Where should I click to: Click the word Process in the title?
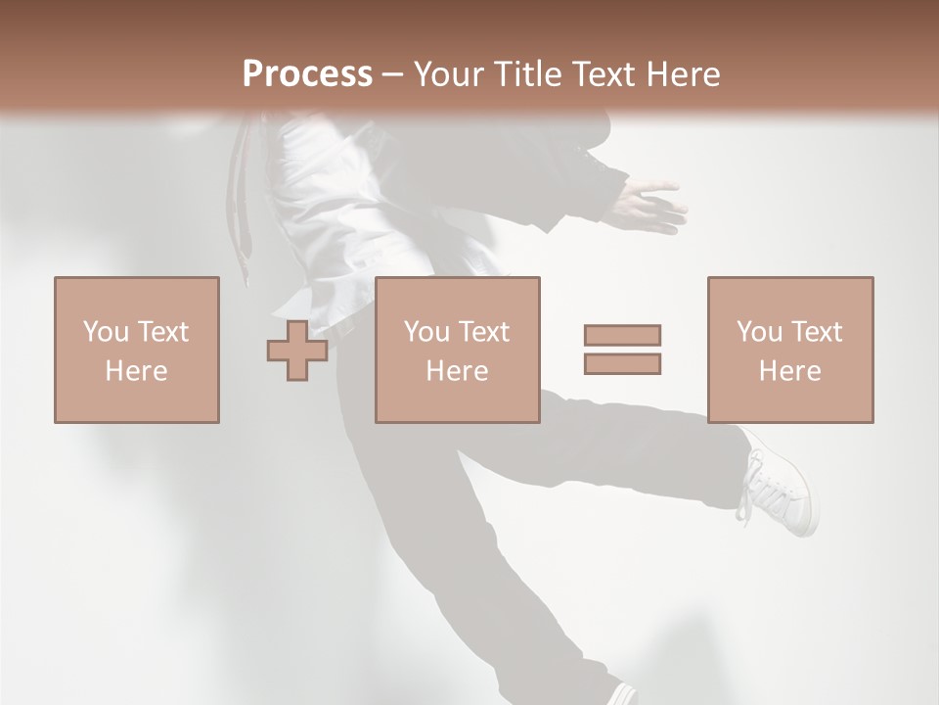click(307, 74)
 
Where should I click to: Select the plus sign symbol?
click(297, 351)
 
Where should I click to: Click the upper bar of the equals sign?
click(622, 335)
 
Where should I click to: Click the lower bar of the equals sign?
click(622, 364)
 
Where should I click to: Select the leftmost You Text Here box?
click(137, 351)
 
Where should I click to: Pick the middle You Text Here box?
click(458, 351)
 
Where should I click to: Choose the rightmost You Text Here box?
click(790, 351)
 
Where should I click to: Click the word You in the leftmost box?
click(106, 332)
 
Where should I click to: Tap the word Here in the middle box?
click(458, 371)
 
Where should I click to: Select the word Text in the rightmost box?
click(817, 332)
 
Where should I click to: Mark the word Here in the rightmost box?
click(790, 371)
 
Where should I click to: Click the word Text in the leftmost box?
click(163, 332)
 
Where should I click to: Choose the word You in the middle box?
click(426, 332)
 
